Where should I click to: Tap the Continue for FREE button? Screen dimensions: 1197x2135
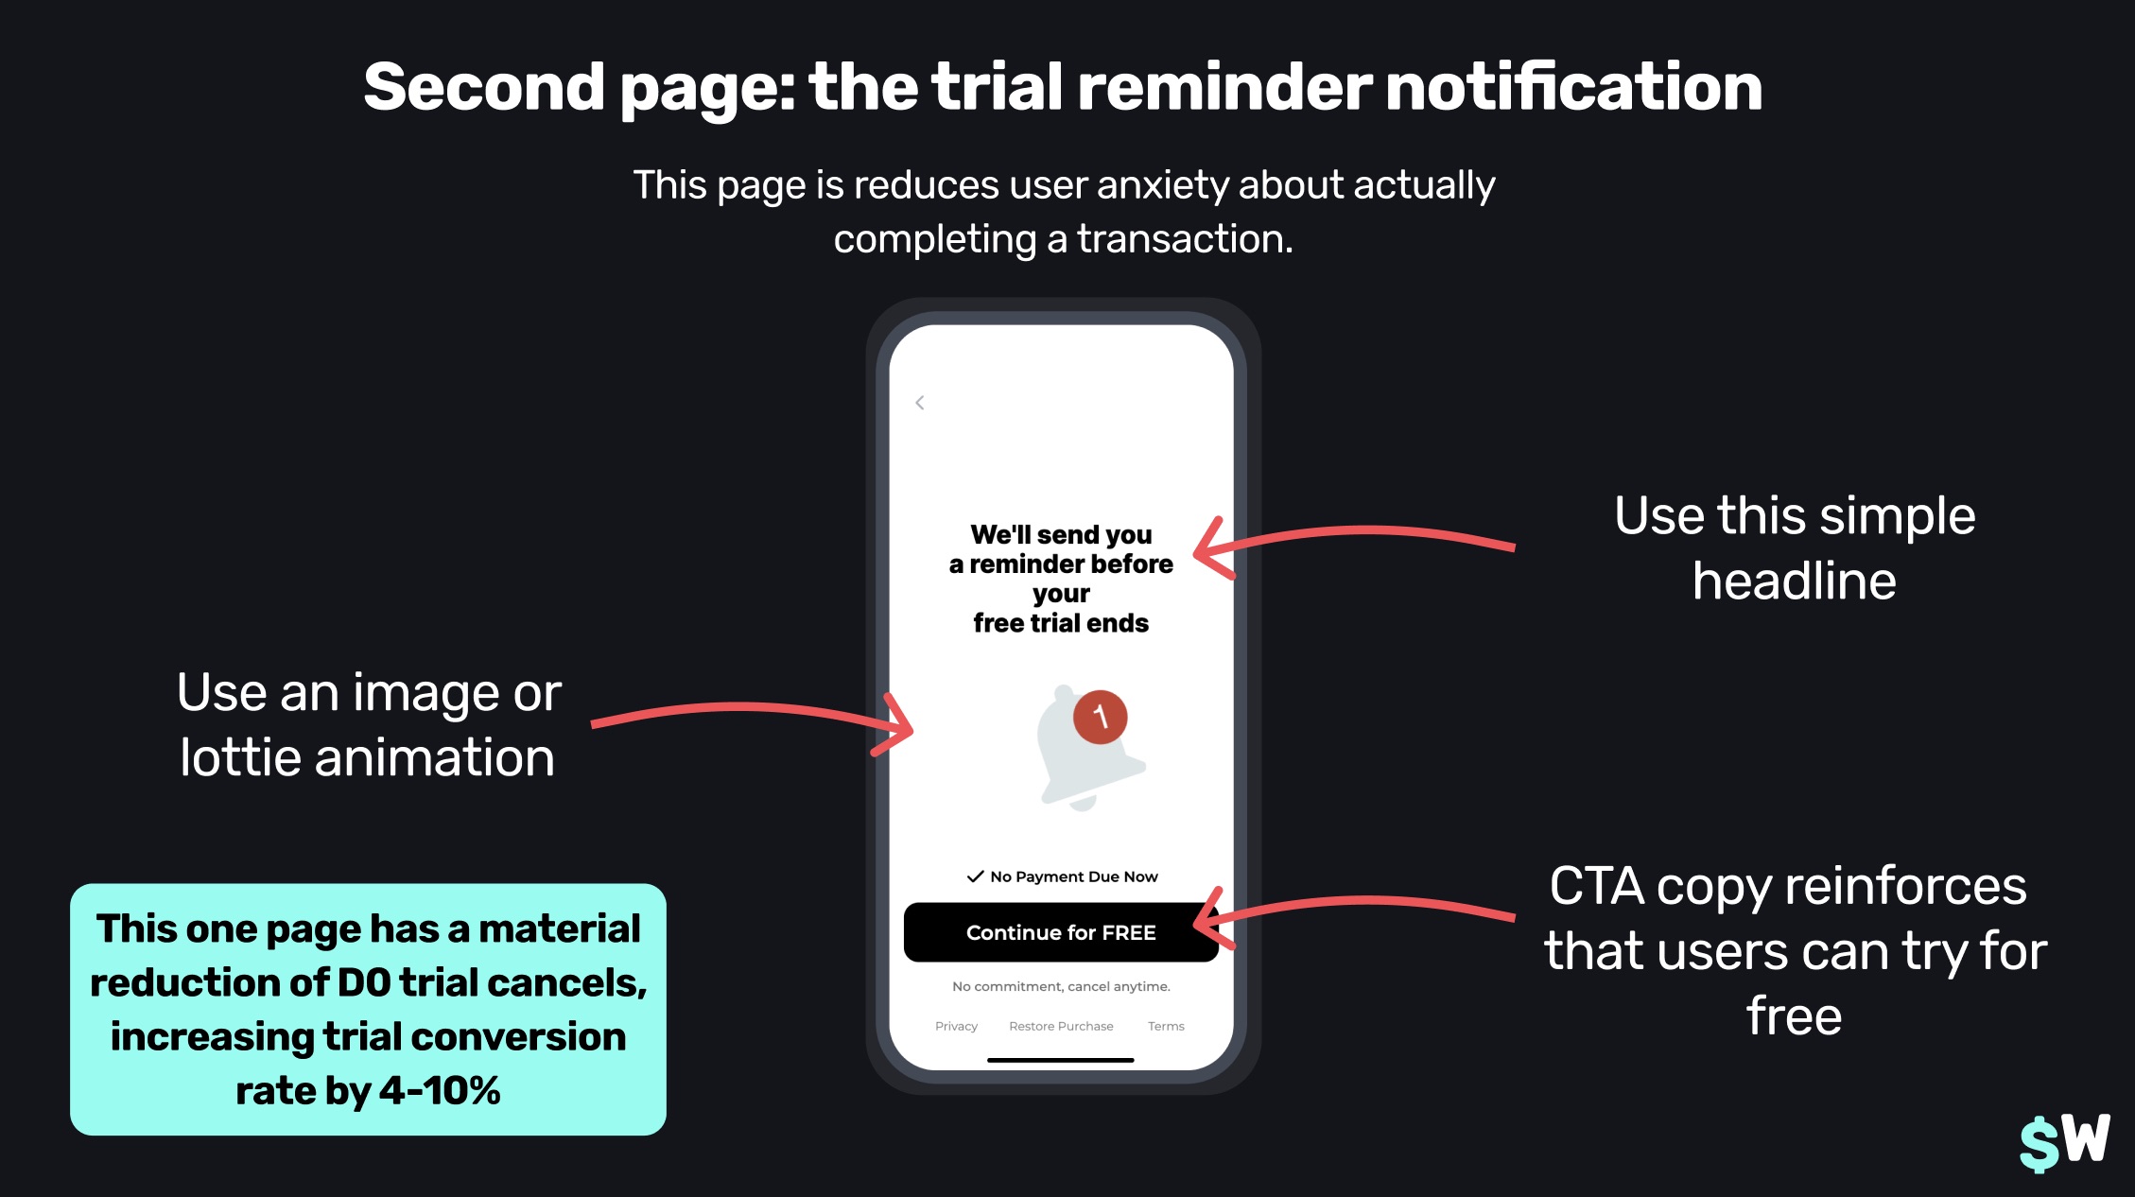coord(1061,932)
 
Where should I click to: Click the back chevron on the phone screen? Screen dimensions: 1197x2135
coord(920,403)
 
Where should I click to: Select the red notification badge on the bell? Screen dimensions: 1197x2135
coord(1100,717)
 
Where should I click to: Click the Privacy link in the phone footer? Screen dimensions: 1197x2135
coord(956,1026)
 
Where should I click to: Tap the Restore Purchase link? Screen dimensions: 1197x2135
coord(1061,1026)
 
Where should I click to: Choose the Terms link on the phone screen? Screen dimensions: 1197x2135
coord(1166,1026)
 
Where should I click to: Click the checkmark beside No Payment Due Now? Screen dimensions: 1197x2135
coord(975,876)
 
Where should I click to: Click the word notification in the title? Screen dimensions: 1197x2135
coord(1573,87)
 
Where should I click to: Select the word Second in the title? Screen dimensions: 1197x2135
coord(483,87)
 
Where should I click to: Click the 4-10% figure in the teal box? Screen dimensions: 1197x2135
coord(440,1090)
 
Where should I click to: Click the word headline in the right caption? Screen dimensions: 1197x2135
coord(1794,581)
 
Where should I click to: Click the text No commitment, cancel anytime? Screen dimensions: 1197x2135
coord(1061,986)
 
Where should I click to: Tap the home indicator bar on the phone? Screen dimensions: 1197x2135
coord(1060,1060)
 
